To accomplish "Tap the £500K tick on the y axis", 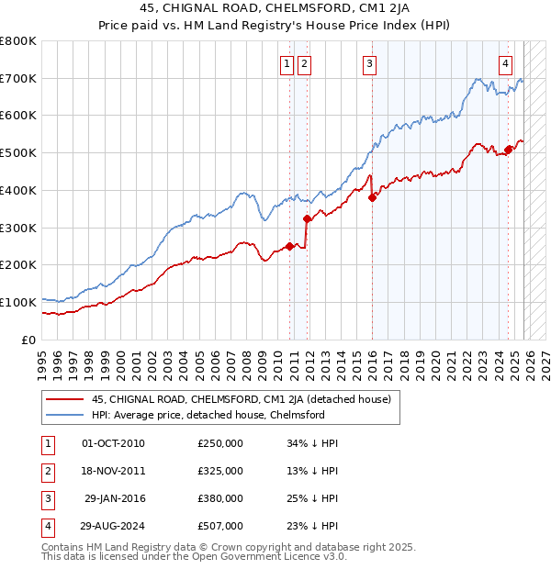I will click(x=18, y=153).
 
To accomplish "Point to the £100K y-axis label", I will click(x=18, y=302).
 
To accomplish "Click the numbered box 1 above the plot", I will click(x=287, y=63).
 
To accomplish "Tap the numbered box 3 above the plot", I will click(x=369, y=63).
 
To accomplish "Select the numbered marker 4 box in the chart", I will click(x=506, y=63).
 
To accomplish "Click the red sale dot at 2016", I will click(x=372, y=197).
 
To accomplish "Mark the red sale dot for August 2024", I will click(x=508, y=150).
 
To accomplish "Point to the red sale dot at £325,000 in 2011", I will click(x=307, y=218).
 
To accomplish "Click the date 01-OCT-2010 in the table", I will click(x=113, y=443).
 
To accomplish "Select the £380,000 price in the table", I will click(x=220, y=498).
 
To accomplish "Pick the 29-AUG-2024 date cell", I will click(x=113, y=526).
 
